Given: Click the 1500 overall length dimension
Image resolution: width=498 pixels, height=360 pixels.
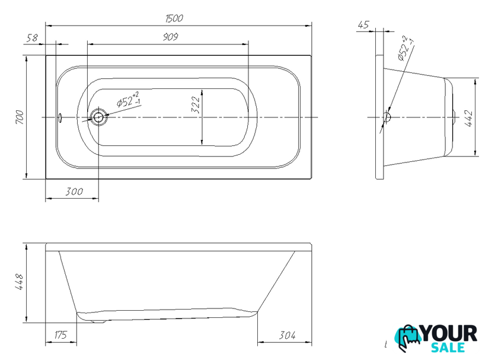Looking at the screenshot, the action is pyautogui.click(x=174, y=18).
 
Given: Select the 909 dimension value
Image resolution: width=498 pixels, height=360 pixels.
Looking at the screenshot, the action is pyautogui.click(x=171, y=37).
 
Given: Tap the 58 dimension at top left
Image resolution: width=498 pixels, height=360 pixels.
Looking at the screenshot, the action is pyautogui.click(x=32, y=38).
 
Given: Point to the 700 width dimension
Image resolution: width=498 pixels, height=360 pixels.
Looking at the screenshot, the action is pyautogui.click(x=20, y=117).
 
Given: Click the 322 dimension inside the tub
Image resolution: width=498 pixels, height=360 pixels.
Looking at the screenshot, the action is pyautogui.click(x=196, y=104).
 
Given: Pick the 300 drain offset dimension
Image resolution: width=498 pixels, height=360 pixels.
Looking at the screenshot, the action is pyautogui.click(x=74, y=192).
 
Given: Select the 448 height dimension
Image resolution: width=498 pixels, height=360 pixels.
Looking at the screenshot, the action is pyautogui.click(x=19, y=282).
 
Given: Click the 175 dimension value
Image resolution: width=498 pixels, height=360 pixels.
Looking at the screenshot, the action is pyautogui.click(x=60, y=335).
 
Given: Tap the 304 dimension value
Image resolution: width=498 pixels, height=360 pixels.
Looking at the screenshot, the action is pyautogui.click(x=287, y=335).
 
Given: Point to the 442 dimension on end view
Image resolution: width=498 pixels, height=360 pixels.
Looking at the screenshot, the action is pyautogui.click(x=469, y=119).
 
